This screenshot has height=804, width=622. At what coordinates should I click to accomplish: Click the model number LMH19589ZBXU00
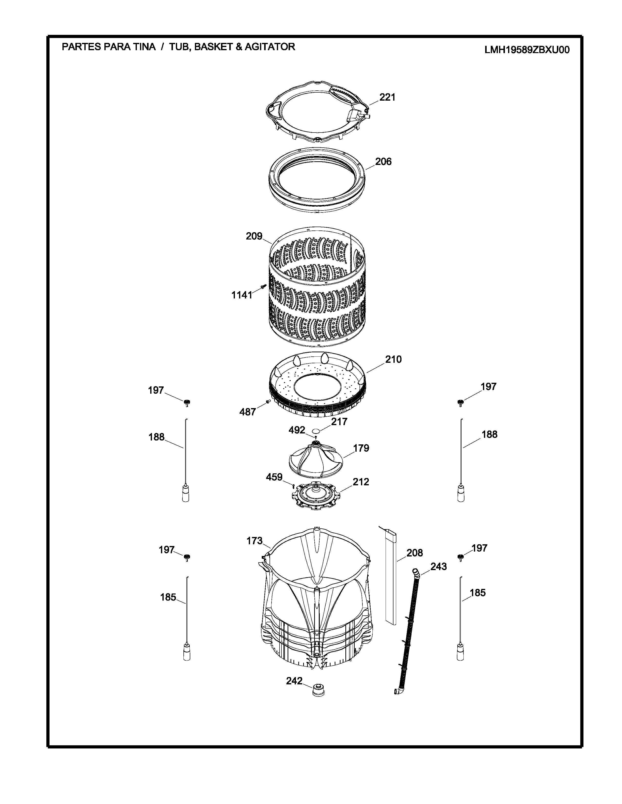click(527, 50)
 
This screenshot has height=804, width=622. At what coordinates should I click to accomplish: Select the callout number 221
click(387, 97)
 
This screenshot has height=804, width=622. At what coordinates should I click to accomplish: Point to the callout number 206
click(383, 162)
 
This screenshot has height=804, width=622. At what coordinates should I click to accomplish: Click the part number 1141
click(242, 295)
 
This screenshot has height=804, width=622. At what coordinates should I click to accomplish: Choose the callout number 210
click(393, 359)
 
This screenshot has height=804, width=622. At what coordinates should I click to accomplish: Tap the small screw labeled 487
click(268, 401)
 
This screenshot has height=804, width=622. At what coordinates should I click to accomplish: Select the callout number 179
click(361, 448)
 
